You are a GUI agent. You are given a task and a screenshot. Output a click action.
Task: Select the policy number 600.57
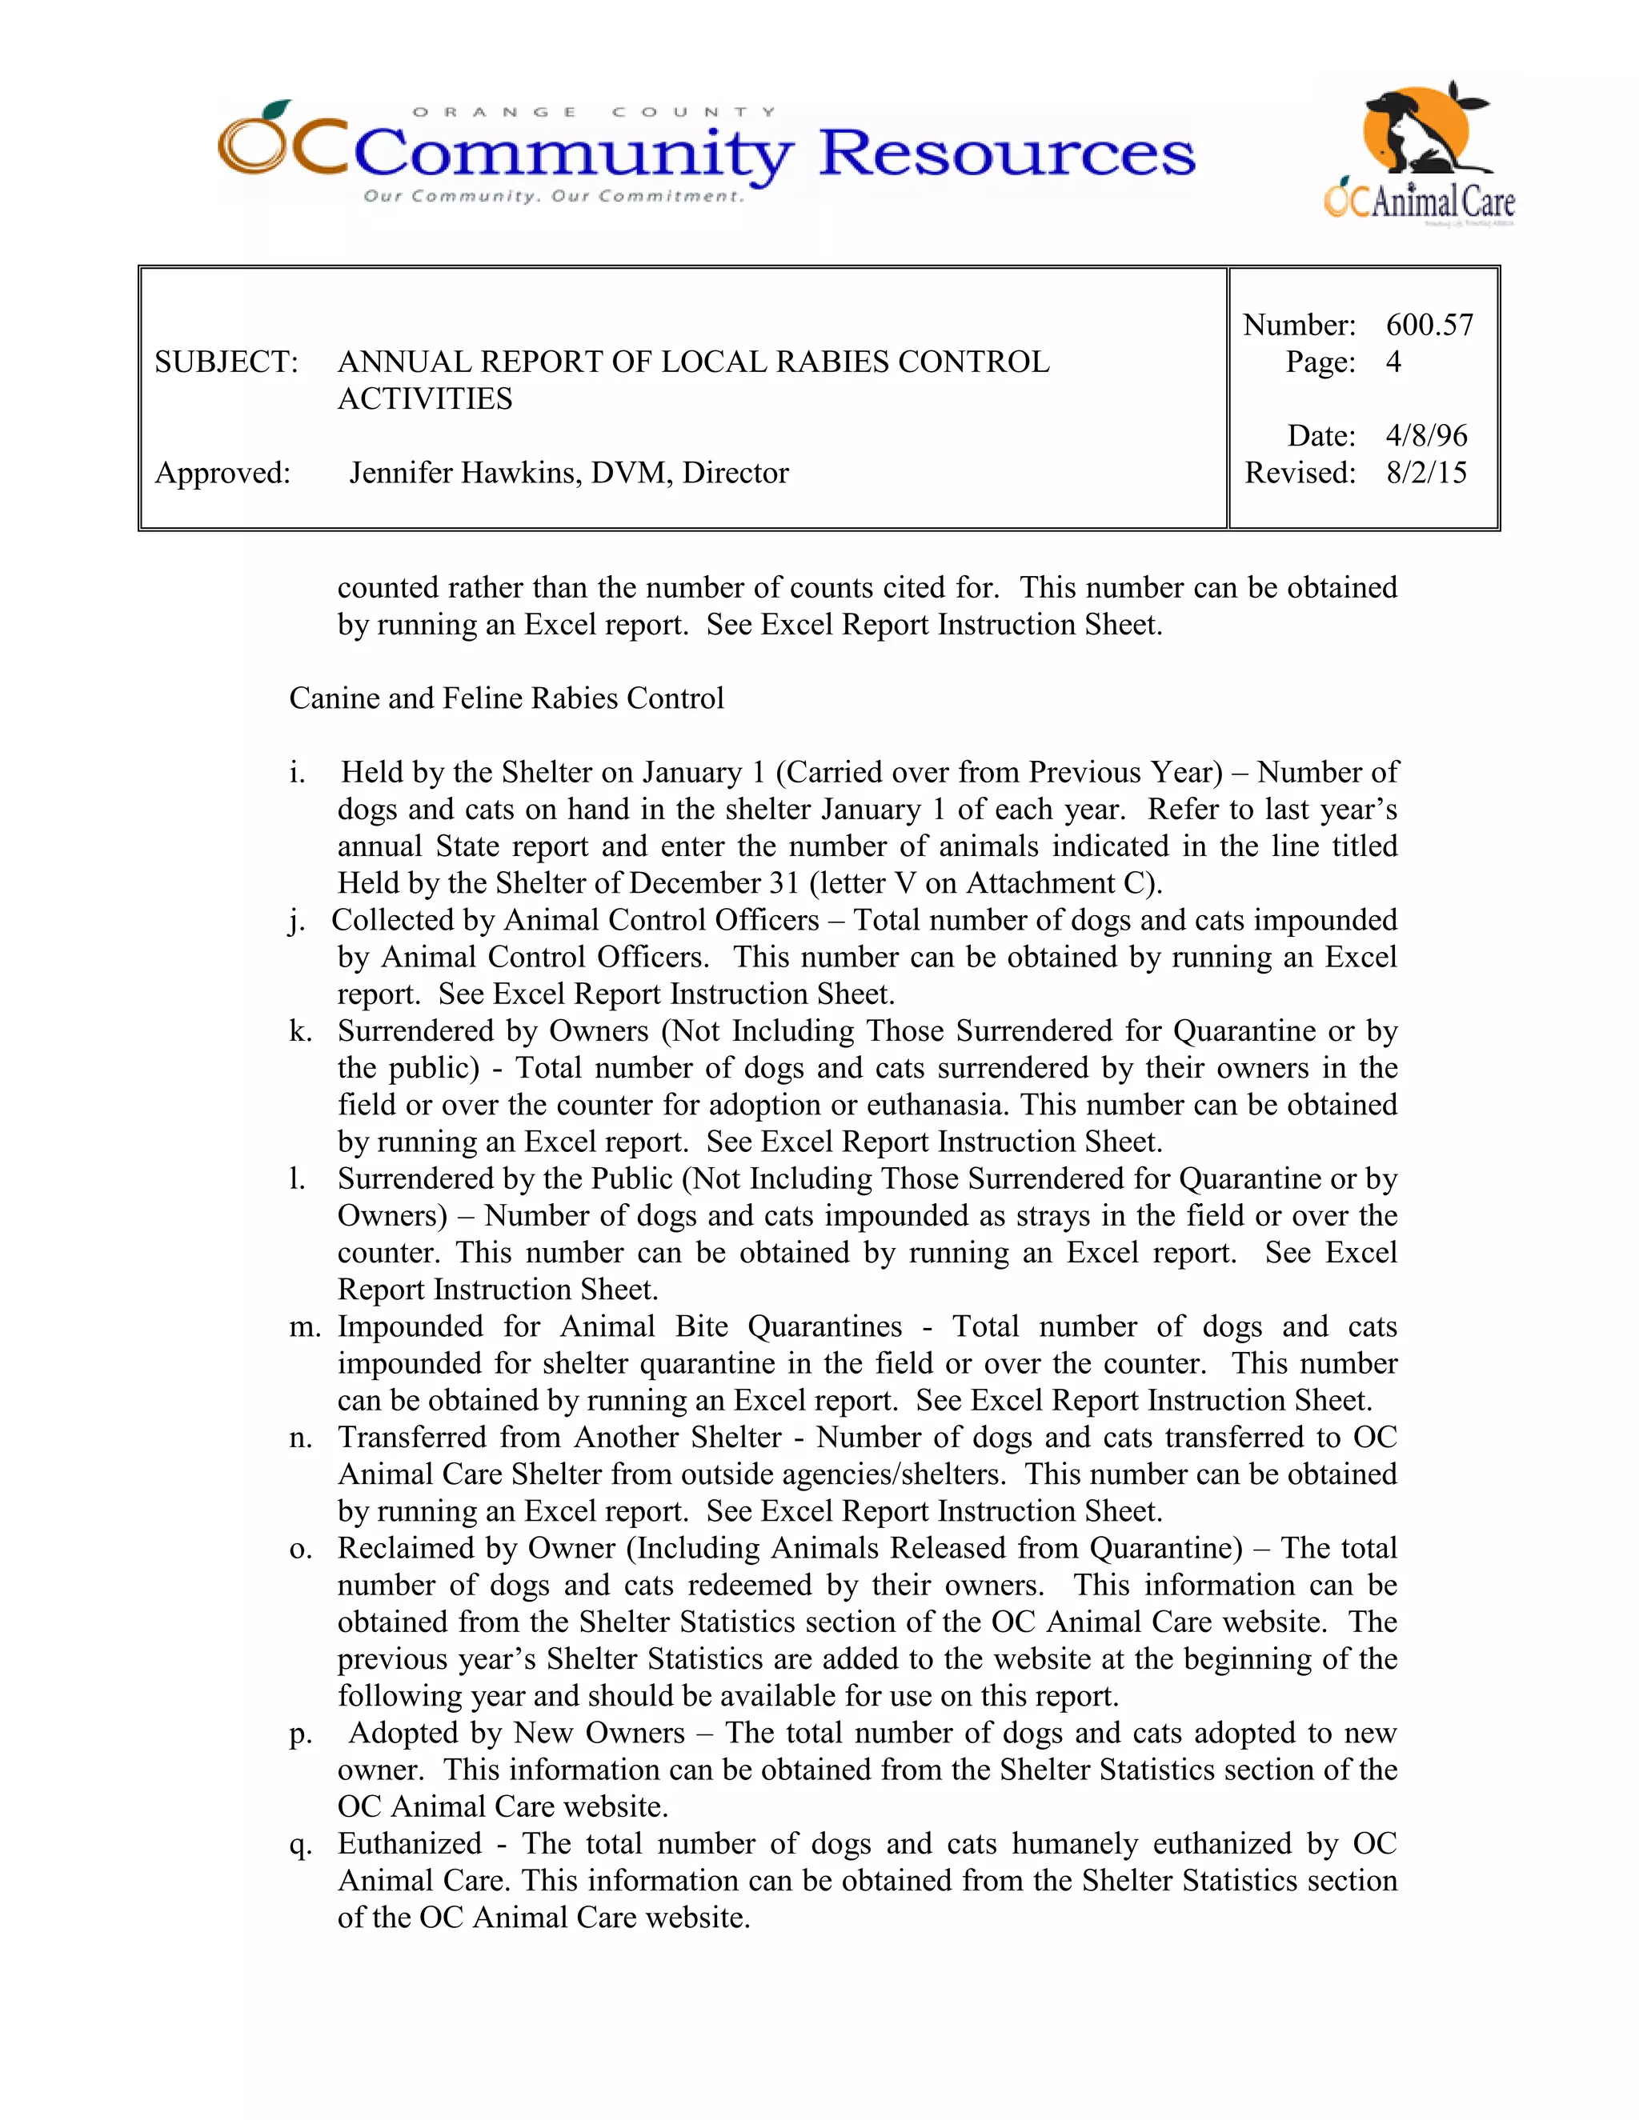[1429, 324]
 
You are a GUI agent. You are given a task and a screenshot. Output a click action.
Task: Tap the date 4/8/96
[1426, 435]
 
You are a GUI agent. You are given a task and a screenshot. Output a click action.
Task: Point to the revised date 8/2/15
[1426, 473]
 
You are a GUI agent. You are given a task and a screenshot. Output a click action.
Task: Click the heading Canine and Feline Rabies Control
[506, 698]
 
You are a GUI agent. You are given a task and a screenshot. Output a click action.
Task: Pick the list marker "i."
[297, 772]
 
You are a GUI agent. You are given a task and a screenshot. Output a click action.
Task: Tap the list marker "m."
[305, 1326]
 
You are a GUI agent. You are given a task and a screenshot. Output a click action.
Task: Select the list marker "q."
[300, 1843]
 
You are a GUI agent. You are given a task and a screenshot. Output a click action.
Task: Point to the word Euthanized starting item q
[409, 1843]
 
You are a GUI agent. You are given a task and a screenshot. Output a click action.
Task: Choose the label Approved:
[222, 473]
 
